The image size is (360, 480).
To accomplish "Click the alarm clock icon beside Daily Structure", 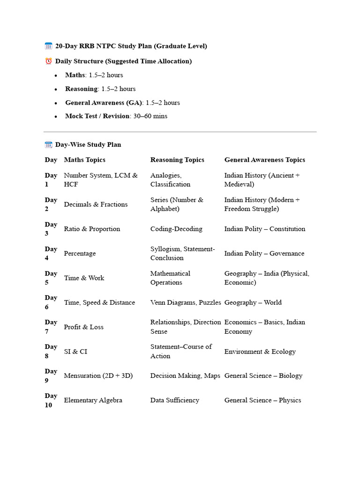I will point(48,61).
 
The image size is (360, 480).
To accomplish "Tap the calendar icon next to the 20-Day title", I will point(48,46).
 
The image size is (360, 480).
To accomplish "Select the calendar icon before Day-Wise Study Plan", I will point(48,145).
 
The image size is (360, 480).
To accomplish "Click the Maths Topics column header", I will point(84,160).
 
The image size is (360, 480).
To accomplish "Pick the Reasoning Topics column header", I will point(177,160).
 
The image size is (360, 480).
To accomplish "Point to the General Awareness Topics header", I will point(264,160).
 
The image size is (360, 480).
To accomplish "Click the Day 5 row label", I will point(51,278).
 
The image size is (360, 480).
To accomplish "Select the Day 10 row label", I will point(51,400).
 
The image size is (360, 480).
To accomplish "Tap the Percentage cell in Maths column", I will point(80,254).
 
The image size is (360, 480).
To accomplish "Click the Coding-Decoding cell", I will point(176,229).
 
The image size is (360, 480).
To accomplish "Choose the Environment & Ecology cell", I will point(260,352).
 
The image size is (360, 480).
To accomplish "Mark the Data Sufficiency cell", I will point(174,400).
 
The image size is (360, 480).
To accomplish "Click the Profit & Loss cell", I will point(83,327).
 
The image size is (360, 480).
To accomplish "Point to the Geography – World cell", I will point(253,303).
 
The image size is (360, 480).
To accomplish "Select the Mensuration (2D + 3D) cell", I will point(98,376).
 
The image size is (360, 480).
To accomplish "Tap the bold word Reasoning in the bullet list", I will point(81,89).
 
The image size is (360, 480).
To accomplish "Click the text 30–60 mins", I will point(150,116).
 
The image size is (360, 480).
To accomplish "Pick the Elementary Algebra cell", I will point(93,400).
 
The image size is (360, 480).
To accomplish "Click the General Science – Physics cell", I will point(262,400).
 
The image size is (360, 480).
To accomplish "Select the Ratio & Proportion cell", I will point(92,229).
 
